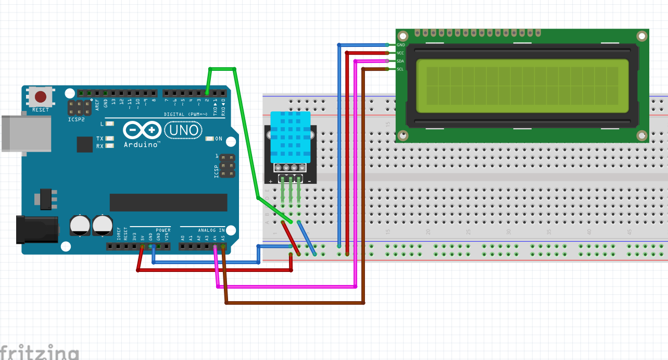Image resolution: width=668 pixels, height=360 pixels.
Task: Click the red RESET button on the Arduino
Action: pos(41,97)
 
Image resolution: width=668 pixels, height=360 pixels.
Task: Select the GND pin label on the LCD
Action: pos(400,45)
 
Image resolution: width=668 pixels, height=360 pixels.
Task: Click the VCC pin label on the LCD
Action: pos(400,53)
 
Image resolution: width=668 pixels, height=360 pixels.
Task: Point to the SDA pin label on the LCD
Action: pos(400,61)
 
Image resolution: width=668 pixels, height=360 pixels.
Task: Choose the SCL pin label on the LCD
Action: pos(400,69)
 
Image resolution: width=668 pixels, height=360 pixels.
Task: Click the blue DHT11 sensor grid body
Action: pos(290,136)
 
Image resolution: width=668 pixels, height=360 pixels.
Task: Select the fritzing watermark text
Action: pos(39,352)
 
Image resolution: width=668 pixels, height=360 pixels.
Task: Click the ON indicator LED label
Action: pos(219,139)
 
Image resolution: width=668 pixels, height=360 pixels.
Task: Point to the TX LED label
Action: pos(99,139)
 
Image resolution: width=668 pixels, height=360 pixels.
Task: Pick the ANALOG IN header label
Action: pos(210,230)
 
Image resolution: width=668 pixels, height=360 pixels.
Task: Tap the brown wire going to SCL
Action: pos(294,303)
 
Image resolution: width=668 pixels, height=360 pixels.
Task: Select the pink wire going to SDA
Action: pos(286,287)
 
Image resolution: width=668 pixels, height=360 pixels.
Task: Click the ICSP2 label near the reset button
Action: pos(75,119)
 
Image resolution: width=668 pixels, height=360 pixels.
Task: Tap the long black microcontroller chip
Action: pos(168,202)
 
